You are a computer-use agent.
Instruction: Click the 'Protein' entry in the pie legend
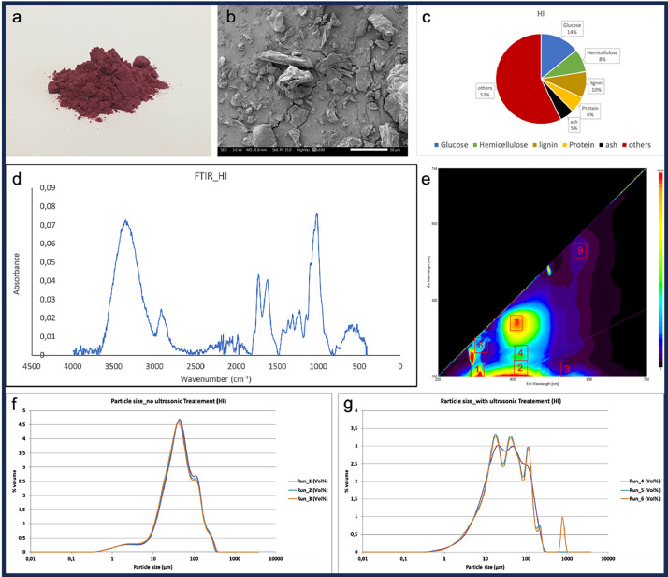click(x=592, y=148)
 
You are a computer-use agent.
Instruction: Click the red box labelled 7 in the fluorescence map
click(x=516, y=323)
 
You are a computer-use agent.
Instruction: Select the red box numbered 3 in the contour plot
click(x=567, y=369)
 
